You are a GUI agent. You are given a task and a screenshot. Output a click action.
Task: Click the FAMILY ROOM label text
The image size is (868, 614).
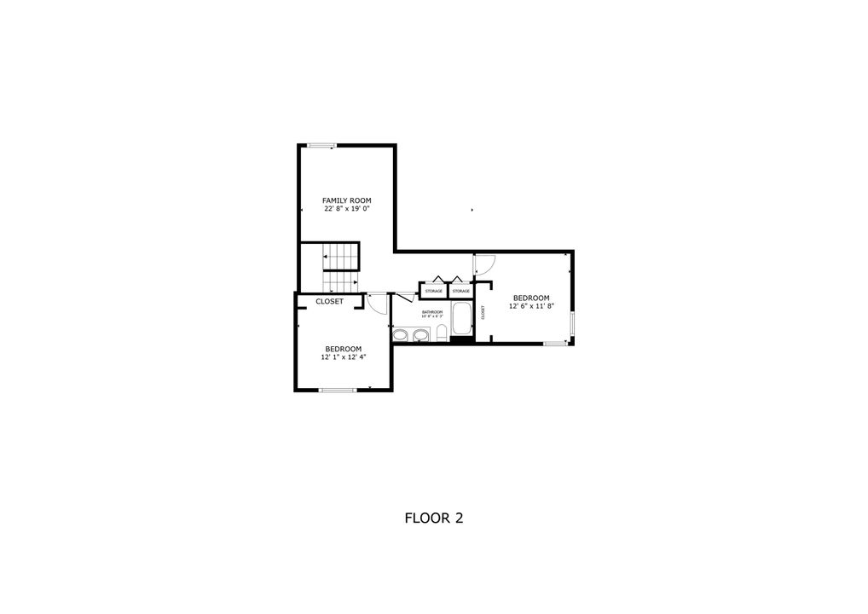(346, 200)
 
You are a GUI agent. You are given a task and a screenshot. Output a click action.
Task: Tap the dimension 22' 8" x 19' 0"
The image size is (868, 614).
(346, 209)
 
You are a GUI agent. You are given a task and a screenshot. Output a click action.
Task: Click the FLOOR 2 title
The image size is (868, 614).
(433, 518)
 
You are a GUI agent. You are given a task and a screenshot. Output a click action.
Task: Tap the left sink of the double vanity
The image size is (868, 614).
(400, 335)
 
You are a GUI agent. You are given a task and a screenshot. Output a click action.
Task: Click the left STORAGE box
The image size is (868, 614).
(433, 291)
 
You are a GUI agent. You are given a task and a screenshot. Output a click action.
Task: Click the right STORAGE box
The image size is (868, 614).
(460, 291)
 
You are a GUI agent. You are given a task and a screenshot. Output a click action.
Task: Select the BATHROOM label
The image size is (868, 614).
(432, 312)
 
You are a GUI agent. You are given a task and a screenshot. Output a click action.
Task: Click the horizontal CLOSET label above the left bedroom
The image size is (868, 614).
(329, 302)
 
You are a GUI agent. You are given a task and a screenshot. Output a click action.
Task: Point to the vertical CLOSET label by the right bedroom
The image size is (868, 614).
(483, 313)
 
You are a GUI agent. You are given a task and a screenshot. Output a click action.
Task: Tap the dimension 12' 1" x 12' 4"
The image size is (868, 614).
(343, 357)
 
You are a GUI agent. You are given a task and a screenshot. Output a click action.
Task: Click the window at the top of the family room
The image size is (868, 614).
(321, 146)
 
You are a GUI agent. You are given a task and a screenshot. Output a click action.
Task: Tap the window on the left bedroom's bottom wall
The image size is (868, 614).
(337, 390)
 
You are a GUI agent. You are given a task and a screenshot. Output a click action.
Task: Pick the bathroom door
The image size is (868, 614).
(405, 297)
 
